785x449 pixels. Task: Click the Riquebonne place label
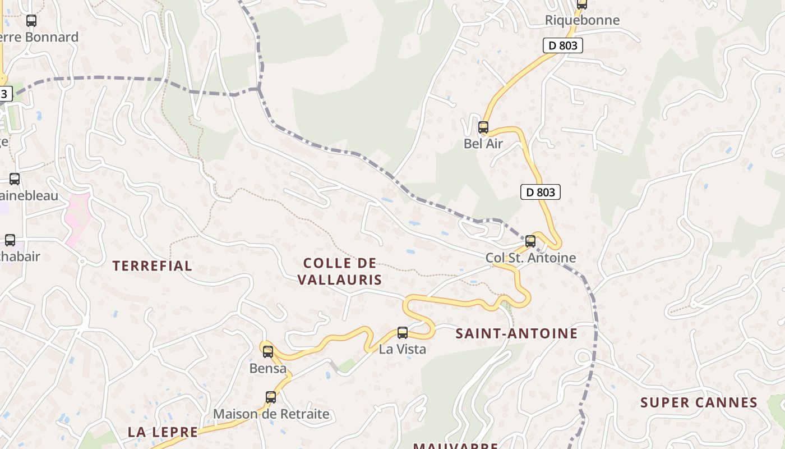click(583, 20)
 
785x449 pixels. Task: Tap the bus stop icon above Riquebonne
click(582, 4)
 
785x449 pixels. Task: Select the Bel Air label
click(483, 144)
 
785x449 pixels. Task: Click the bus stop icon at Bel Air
click(483, 127)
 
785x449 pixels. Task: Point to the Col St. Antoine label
click(530, 258)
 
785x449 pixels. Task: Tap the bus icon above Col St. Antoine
click(530, 241)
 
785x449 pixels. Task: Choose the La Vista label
click(403, 349)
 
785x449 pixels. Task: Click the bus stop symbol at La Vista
click(403, 332)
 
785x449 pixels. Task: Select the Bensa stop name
click(268, 369)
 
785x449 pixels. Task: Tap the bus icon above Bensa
click(268, 352)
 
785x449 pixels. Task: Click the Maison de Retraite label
click(271, 414)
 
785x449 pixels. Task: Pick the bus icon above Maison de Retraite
click(271, 397)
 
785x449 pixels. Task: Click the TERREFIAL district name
click(153, 266)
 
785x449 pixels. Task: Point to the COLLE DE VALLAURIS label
click(340, 271)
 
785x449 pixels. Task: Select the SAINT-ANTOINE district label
click(516, 333)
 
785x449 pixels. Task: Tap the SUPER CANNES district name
click(699, 402)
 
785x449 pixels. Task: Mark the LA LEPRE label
click(163, 432)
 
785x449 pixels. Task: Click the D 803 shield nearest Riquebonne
click(563, 45)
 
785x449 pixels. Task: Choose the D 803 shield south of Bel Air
click(541, 192)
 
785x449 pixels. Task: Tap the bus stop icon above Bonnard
click(31, 21)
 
